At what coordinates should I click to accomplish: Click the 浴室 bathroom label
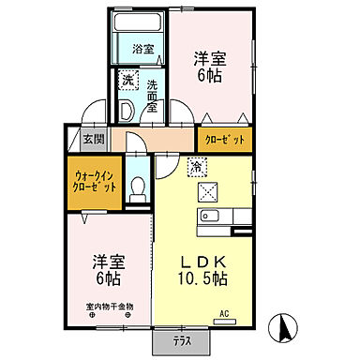tap(142, 50)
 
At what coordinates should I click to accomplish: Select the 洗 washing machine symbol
tap(127, 81)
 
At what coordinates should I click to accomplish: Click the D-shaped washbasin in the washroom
tap(125, 108)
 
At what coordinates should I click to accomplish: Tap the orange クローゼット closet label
tap(225, 140)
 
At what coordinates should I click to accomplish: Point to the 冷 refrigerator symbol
tap(197, 167)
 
